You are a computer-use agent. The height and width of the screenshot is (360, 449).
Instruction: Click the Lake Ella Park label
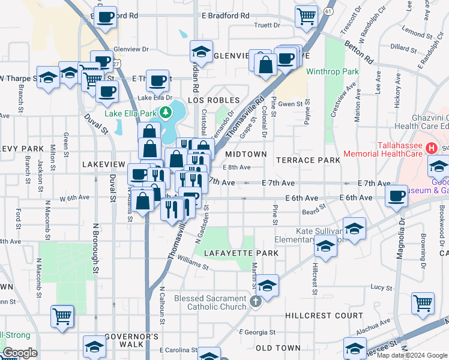tap(130, 113)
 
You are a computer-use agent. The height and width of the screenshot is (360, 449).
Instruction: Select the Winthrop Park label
tap(332, 71)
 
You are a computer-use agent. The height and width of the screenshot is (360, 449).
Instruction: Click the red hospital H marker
tap(430, 147)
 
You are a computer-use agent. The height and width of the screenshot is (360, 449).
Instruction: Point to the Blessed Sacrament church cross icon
tap(256, 299)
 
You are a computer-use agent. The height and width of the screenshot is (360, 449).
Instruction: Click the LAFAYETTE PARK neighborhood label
tap(241, 253)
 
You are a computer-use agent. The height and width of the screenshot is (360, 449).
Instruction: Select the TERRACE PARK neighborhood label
tap(308, 160)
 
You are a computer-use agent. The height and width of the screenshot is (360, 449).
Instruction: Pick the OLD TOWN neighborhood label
tap(278, 348)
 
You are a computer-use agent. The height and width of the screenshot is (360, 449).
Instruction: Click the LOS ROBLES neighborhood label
tap(214, 100)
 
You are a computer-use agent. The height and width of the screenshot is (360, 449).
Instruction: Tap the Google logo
tap(20, 353)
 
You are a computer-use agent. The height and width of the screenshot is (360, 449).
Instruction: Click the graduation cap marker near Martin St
tap(268, 285)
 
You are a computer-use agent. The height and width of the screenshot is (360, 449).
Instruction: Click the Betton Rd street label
tap(358, 51)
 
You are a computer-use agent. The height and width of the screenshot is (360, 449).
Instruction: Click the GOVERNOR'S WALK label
tap(131, 340)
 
